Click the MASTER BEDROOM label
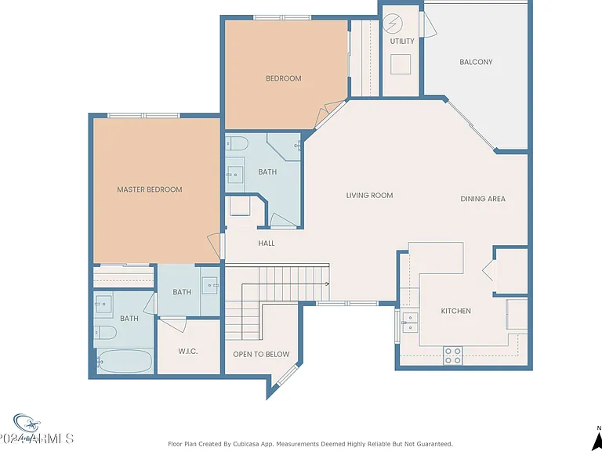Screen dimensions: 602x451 pyautogui.click(x=150, y=189)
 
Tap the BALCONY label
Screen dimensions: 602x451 pyautogui.click(x=476, y=62)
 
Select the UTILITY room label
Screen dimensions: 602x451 pyautogui.click(x=402, y=41)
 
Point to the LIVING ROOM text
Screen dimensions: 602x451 pyautogui.click(x=369, y=195)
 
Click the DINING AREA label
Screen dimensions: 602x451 pyautogui.click(x=483, y=199)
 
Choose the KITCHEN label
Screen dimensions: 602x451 pyautogui.click(x=455, y=311)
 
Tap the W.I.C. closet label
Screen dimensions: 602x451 pyautogui.click(x=188, y=352)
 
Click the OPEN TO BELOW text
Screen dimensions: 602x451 pyautogui.click(x=261, y=355)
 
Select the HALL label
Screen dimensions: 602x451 pyautogui.click(x=266, y=244)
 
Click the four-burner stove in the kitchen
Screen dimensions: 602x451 pyautogui.click(x=452, y=355)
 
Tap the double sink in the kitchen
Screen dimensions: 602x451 pyautogui.click(x=410, y=323)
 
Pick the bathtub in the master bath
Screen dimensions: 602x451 pyautogui.click(x=125, y=361)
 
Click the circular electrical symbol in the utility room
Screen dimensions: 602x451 pyautogui.click(x=393, y=23)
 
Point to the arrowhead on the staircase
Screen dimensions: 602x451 pyautogui.click(x=328, y=283)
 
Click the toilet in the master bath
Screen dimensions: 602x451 pyautogui.click(x=105, y=332)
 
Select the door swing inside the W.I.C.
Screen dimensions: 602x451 pyautogui.click(x=172, y=324)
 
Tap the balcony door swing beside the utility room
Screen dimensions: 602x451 pyautogui.click(x=430, y=23)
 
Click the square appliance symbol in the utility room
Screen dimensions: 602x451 pyautogui.click(x=401, y=64)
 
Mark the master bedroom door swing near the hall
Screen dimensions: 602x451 pyautogui.click(x=214, y=245)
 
